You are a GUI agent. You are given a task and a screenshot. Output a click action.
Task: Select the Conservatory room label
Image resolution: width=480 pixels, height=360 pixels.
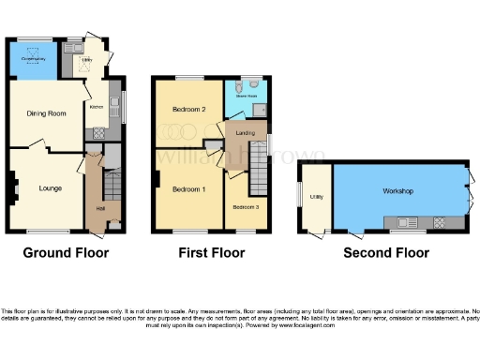point(34,60)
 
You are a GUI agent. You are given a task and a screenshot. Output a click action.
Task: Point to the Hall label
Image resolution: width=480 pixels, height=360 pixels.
point(100,209)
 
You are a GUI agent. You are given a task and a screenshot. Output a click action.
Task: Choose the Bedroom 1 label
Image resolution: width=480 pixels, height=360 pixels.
point(188,190)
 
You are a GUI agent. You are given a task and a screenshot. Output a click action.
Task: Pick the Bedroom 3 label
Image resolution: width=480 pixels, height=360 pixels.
point(247,206)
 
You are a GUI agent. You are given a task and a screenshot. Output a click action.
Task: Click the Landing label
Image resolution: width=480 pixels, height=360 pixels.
point(247,133)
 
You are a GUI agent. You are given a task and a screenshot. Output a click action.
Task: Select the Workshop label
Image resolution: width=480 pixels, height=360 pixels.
point(397,190)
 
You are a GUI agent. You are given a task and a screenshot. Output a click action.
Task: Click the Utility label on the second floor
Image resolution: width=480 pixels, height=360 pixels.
point(317,197)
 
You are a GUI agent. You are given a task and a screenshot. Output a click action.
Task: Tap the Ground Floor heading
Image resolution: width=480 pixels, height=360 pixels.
point(66,253)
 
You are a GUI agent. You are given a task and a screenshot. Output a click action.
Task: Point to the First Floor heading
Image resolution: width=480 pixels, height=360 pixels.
point(212,253)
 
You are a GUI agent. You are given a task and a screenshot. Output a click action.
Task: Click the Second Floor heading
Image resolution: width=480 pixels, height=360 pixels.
point(386,253)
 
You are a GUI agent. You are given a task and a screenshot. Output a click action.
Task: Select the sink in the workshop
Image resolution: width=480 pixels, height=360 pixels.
point(407,222)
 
